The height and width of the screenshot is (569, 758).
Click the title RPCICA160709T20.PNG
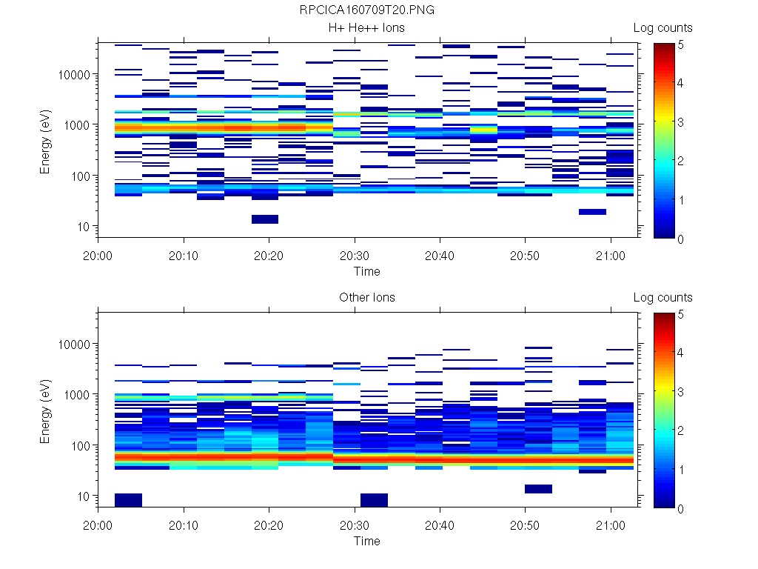tap(367, 11)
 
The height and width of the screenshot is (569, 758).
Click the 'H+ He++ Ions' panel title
tap(367, 28)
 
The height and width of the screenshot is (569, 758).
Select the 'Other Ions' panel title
tap(367, 298)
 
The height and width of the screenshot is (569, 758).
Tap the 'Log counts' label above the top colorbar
tap(663, 28)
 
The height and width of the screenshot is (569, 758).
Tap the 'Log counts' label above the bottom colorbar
tap(663, 298)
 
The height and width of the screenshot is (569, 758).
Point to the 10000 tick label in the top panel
tap(73, 75)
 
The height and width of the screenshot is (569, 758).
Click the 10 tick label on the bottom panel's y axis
tap(83, 496)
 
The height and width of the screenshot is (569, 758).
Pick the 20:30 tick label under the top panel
tap(355, 253)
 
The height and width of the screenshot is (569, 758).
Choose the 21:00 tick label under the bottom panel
tap(610, 523)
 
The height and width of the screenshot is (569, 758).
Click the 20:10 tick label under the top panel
tap(184, 253)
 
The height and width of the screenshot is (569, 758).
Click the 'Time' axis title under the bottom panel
tap(367, 541)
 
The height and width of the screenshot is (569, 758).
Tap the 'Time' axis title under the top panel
tap(367, 271)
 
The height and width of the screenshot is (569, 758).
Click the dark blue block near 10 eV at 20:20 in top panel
tap(265, 219)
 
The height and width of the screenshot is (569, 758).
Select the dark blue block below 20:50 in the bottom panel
tap(538, 489)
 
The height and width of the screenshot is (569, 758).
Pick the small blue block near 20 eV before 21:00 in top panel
tap(592, 212)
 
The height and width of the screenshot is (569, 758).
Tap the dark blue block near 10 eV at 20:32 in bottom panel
tap(374, 500)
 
